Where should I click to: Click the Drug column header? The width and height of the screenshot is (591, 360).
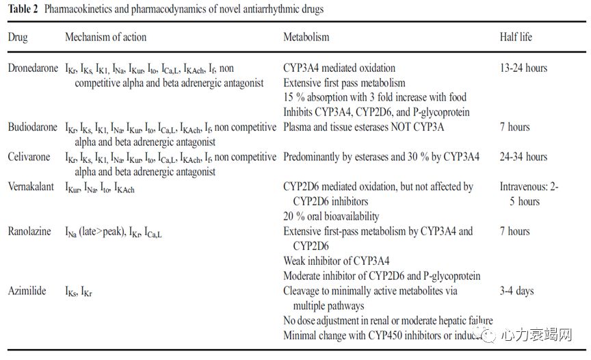point(18,37)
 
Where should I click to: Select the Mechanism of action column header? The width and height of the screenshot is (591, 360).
point(105,37)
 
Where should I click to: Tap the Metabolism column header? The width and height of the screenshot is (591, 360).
point(306,37)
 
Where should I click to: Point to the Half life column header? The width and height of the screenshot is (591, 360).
point(516,37)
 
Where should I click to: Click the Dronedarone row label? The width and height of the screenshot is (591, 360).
point(33,68)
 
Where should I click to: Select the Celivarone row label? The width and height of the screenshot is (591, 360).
point(29,157)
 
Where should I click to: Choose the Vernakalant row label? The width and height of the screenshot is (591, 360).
point(31,186)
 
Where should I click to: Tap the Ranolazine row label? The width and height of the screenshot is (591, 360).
point(29,231)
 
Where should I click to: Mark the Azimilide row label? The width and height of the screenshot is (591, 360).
point(27,291)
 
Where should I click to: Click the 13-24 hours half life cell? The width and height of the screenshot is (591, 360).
point(523,68)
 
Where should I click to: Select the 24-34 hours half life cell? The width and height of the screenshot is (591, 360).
point(523,157)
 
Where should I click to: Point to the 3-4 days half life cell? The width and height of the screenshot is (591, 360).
point(516,291)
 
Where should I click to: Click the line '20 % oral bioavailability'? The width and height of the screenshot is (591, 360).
point(331,216)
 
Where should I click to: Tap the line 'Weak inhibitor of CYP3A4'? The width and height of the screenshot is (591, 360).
point(337,261)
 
